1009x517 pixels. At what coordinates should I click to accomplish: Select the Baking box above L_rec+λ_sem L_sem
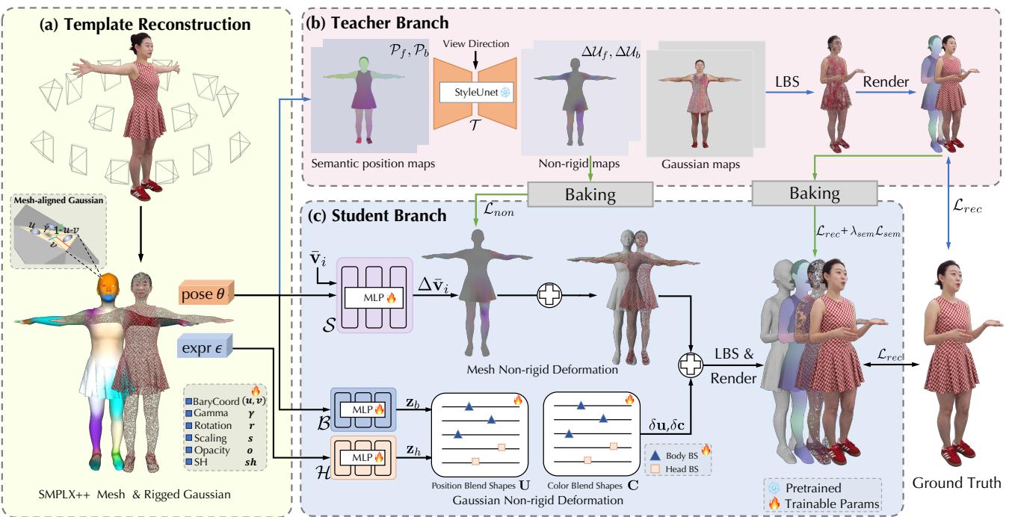[815, 194]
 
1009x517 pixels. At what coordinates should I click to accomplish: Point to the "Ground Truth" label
[956, 483]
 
